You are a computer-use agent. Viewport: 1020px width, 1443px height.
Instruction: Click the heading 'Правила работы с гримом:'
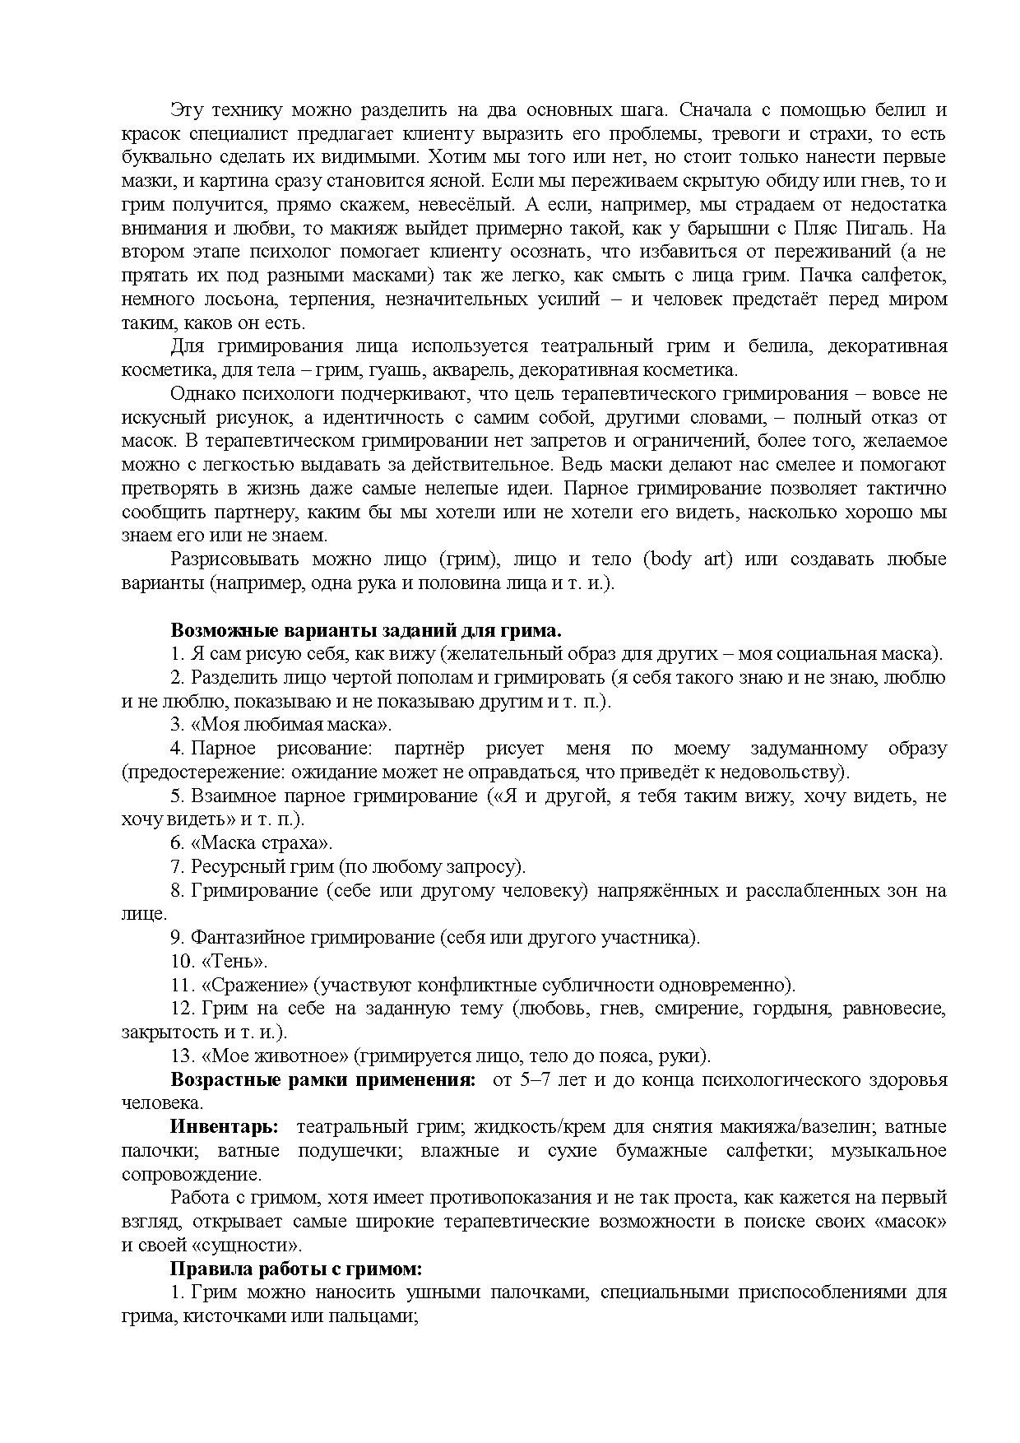[x=296, y=1269]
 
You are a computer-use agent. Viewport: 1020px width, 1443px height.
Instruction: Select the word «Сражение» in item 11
[x=254, y=985]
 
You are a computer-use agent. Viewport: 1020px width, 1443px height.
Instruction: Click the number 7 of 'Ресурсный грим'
[x=175, y=867]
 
